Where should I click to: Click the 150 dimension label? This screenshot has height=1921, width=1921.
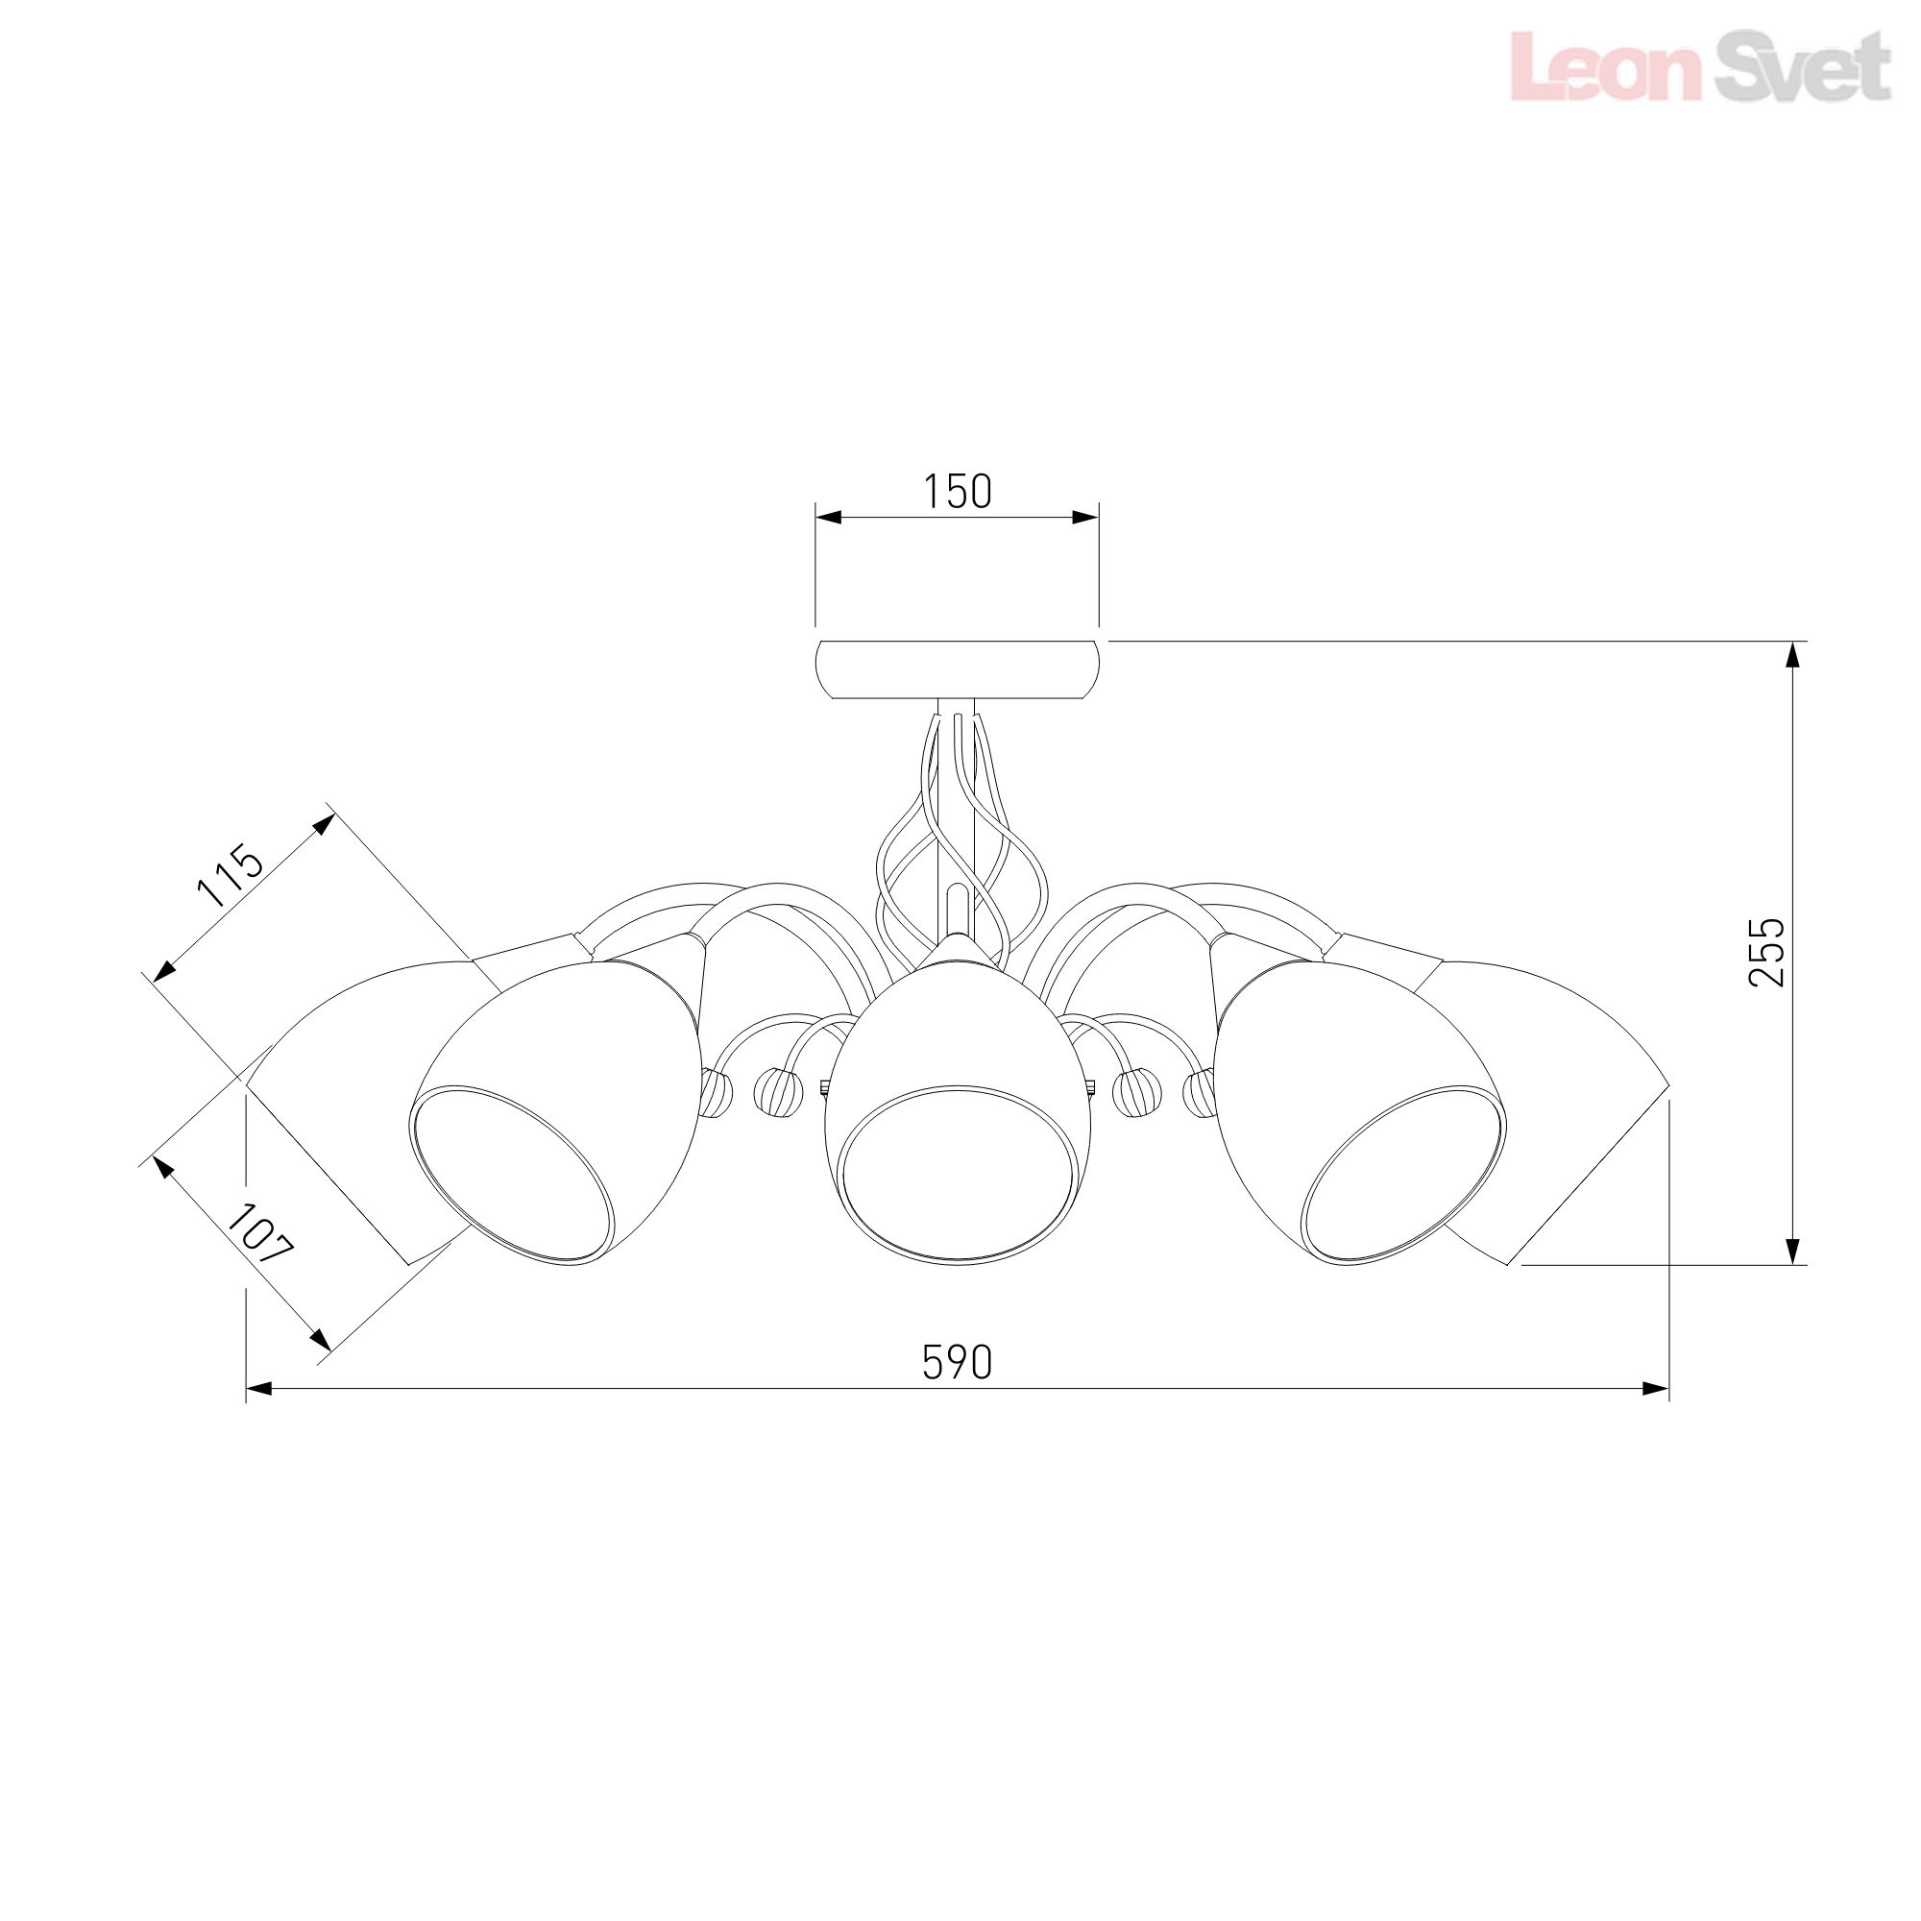[958, 491]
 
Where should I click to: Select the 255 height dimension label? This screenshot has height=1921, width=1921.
[1766, 952]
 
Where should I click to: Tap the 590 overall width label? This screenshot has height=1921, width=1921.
[958, 1362]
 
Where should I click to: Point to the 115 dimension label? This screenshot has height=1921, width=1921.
[231, 876]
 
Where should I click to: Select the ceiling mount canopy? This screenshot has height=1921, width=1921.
[957, 669]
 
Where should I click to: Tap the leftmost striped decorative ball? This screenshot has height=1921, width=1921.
[717, 1095]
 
